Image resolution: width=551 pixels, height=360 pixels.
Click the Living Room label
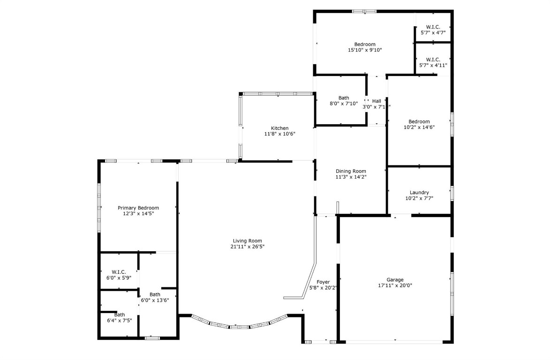pos(246,240)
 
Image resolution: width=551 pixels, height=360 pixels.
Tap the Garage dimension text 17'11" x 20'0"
pos(395,285)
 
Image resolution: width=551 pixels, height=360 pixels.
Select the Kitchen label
pos(279,128)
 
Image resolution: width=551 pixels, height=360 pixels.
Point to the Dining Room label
pos(351,171)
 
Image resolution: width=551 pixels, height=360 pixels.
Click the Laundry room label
pos(419,192)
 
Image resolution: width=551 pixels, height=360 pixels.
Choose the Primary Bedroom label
pos(138,208)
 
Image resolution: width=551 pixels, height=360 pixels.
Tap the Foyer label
pos(323,282)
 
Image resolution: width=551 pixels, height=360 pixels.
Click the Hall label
pos(377,101)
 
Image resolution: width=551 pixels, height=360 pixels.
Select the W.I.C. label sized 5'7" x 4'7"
pos(433,27)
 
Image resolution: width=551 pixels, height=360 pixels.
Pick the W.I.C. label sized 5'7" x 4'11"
pos(433,60)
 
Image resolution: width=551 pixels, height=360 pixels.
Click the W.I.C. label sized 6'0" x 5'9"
pos(119,272)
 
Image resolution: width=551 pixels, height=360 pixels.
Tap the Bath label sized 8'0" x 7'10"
pos(344,98)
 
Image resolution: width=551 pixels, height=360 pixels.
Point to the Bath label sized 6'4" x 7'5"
pos(120,315)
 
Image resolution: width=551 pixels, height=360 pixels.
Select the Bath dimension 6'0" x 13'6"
pos(155,300)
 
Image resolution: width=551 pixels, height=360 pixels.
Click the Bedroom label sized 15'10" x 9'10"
pos(365,44)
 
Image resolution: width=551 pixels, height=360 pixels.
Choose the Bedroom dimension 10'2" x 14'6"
pos(419,127)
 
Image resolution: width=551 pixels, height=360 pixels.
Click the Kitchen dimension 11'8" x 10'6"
pos(279,134)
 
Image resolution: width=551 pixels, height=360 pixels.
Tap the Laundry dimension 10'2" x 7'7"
pos(419,198)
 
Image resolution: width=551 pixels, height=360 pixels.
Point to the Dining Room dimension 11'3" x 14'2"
pos(351,177)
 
